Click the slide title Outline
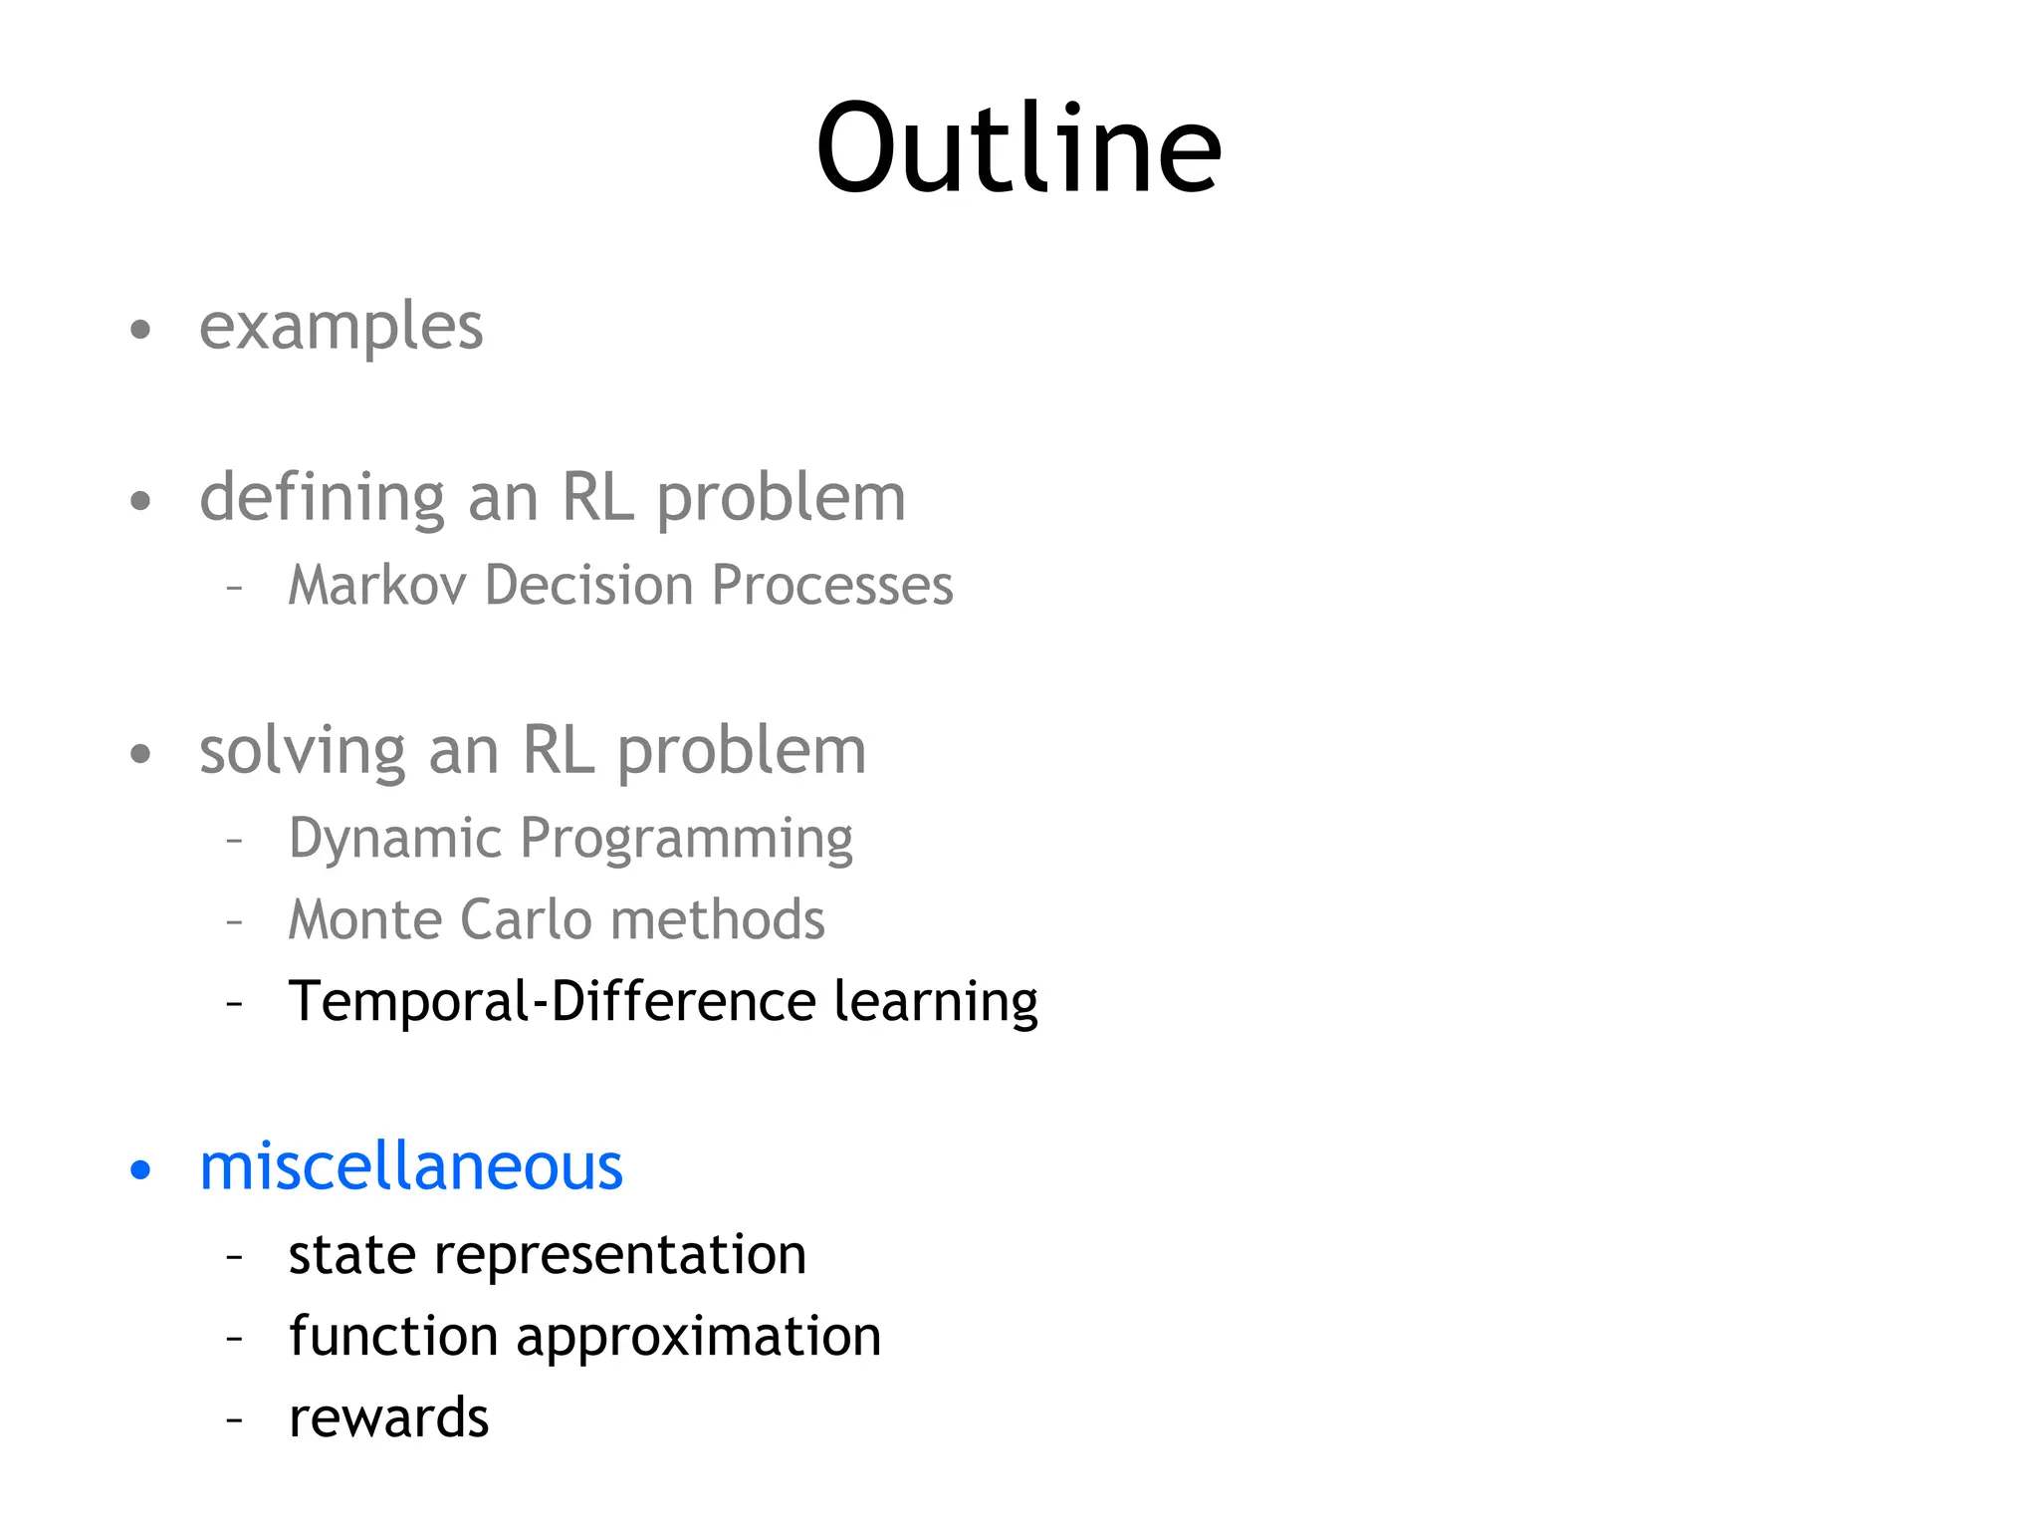[x=1018, y=149]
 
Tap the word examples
[x=340, y=327]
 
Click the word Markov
[x=376, y=585]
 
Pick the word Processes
[x=832, y=585]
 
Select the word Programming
[x=686, y=839]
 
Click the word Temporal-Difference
[x=552, y=1001]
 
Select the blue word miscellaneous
[x=411, y=1166]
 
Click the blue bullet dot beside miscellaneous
[x=140, y=1170]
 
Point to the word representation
[x=620, y=1254]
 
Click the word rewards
[x=388, y=1417]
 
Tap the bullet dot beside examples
[x=140, y=330]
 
